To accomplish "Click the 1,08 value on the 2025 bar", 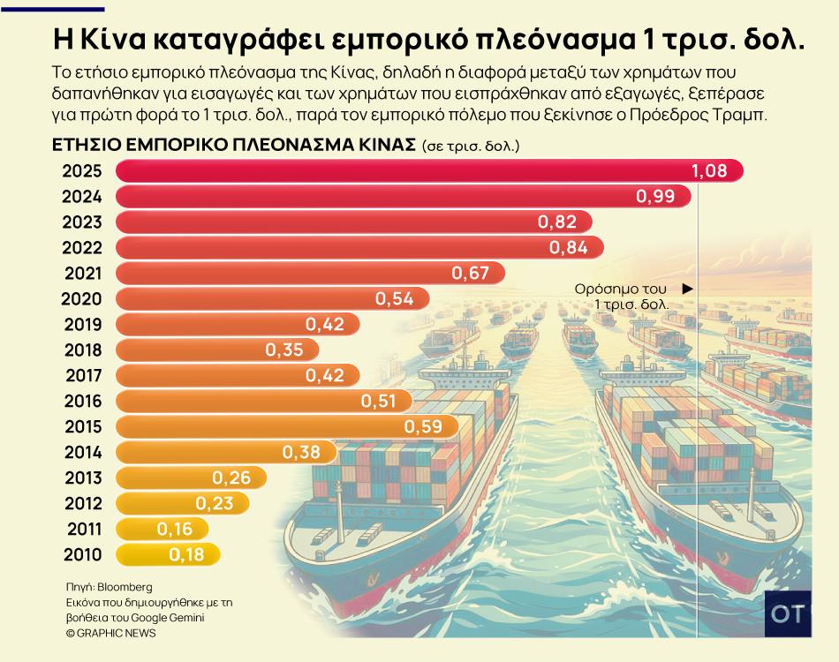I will [x=710, y=171].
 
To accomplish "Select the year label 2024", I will [x=83, y=197].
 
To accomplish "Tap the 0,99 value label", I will [x=655, y=197].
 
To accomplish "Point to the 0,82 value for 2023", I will [x=556, y=222].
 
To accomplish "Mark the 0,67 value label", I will [x=470, y=274].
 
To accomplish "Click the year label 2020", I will [x=83, y=299].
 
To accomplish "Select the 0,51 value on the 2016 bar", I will [x=380, y=402].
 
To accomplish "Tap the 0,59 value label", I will [x=423, y=427].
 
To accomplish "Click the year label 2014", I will [x=83, y=453].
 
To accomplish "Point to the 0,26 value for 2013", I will [x=231, y=478].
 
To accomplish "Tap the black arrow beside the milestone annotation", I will [x=687, y=289].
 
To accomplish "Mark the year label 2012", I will [x=83, y=504].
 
